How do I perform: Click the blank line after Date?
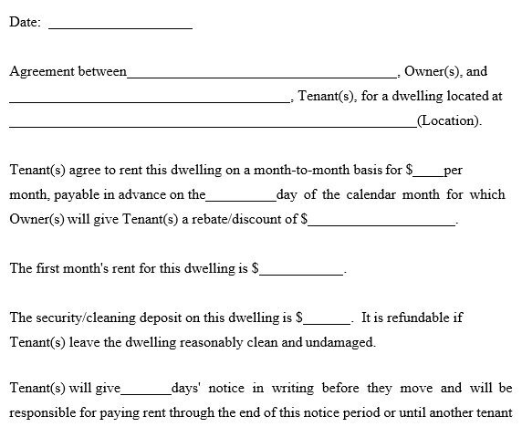click(120, 26)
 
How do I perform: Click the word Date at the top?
click(23, 23)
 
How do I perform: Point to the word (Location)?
click(448, 120)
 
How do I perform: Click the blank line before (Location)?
click(213, 123)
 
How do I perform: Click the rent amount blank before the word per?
click(429, 173)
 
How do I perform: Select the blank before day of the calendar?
click(241, 198)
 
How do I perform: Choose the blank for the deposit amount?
click(327, 321)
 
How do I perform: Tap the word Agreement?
click(41, 72)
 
